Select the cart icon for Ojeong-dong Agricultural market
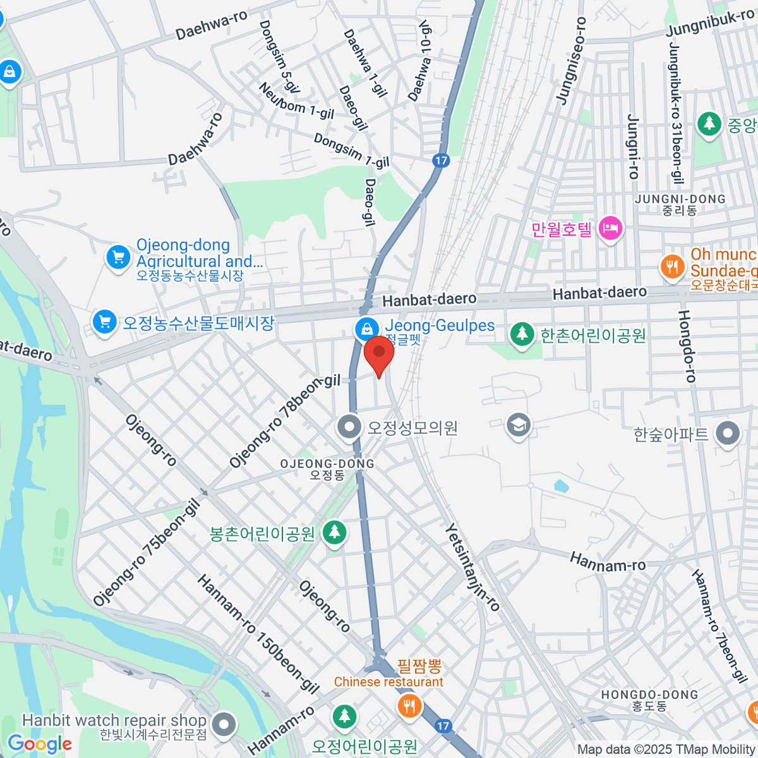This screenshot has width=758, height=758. pyautogui.click(x=118, y=257)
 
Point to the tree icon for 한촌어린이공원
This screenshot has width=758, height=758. pyautogui.click(x=522, y=334)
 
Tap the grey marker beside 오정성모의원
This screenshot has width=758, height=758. pyautogui.click(x=349, y=428)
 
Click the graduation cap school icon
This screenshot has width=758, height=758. pyautogui.click(x=518, y=425)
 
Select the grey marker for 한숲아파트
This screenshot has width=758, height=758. pyautogui.click(x=728, y=435)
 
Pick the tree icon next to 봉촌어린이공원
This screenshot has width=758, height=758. pyautogui.click(x=334, y=533)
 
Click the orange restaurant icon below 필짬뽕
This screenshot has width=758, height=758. pyautogui.click(x=409, y=705)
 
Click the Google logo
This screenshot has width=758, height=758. pyautogui.click(x=39, y=743)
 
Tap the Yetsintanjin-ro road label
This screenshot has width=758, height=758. pyautogui.click(x=472, y=567)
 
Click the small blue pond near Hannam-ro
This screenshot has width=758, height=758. pyautogui.click(x=560, y=486)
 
